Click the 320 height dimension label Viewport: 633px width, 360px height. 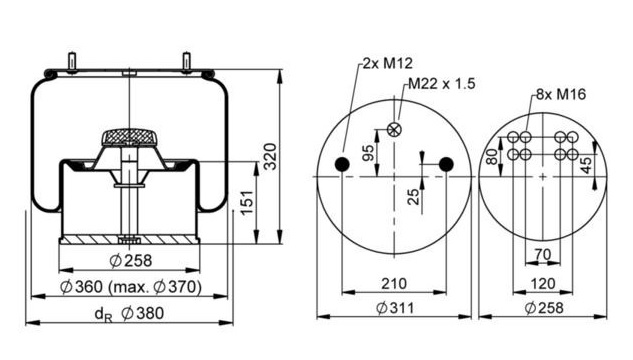270,156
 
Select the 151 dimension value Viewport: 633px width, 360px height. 247,202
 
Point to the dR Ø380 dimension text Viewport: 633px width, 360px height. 130,314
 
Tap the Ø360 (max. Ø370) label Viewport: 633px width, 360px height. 130,287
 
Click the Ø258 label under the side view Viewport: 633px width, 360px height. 130,260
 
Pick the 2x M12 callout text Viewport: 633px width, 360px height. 387,63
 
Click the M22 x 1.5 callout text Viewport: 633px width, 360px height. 442,84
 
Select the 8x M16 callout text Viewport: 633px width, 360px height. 561,94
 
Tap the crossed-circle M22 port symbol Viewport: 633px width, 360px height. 394,130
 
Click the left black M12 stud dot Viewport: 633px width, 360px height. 342,164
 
